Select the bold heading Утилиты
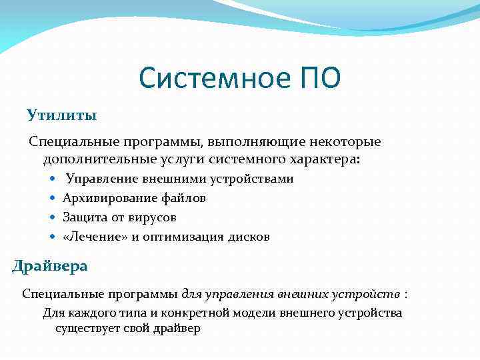pos(62,115)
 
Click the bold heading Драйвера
pos(50,266)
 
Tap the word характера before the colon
pos(323,160)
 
